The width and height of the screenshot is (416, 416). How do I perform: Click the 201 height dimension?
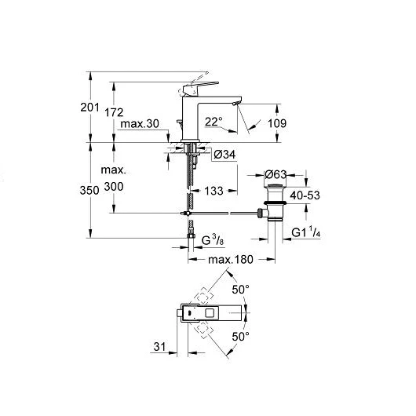90,108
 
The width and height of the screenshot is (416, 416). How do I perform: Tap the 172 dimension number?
114,112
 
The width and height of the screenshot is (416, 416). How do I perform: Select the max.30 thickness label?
140,124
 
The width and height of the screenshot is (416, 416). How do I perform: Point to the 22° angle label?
213,122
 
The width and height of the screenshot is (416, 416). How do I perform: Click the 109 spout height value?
277,123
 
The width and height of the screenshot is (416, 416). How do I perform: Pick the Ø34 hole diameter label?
224,155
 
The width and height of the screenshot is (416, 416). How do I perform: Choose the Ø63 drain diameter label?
276,174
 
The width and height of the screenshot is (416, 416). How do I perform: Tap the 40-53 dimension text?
305,195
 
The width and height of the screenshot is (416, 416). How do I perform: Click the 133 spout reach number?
213,191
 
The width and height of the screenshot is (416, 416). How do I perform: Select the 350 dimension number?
89,190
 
